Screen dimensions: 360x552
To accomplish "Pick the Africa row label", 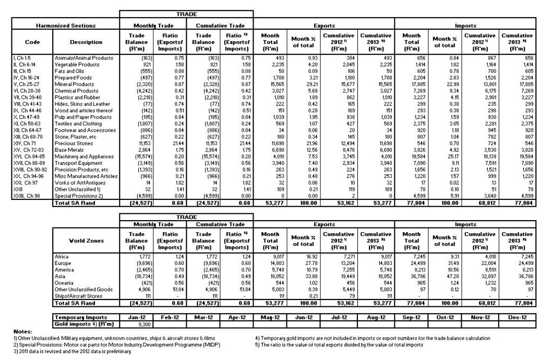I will click(x=62, y=257).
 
